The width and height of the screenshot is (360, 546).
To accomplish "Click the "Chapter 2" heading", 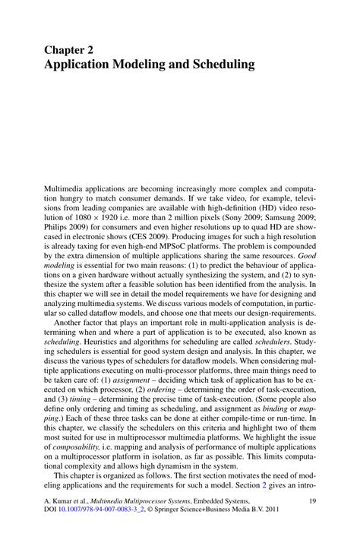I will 73,50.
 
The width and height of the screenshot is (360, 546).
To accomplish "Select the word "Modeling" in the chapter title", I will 149,65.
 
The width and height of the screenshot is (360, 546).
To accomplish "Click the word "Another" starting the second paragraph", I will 75,323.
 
